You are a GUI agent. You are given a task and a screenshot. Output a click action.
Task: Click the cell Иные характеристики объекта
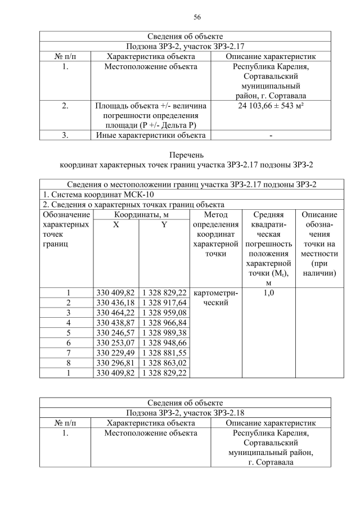(151, 135)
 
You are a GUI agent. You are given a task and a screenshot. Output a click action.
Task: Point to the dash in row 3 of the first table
(271, 136)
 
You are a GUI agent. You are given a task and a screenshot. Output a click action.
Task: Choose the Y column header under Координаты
(164, 225)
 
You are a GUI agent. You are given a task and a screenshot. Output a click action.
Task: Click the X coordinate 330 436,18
(115, 303)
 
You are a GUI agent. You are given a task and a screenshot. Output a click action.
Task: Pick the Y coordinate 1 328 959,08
(164, 313)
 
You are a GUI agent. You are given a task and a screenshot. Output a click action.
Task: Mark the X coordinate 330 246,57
(115, 333)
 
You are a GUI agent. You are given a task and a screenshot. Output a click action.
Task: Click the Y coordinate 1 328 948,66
(164, 343)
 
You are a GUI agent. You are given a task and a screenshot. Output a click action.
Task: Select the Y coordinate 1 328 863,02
(164, 363)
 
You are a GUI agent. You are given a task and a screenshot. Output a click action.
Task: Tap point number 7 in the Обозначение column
(67, 353)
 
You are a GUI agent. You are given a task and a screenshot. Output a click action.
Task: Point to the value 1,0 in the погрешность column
(268, 293)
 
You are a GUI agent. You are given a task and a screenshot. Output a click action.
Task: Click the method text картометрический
(216, 298)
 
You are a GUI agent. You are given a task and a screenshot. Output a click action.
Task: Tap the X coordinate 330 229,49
(115, 353)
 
